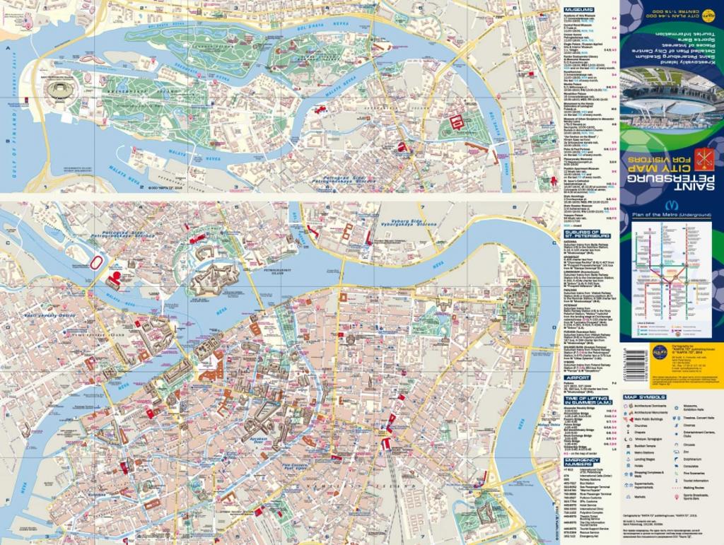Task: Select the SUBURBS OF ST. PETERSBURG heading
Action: pyautogui.click(x=583, y=233)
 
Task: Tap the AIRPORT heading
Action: pyautogui.click(x=578, y=377)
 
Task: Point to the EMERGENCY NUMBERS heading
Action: pyautogui.click(x=583, y=460)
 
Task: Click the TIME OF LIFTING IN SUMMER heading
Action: pyautogui.click(x=583, y=399)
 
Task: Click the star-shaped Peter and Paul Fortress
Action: pyautogui.click(x=214, y=279)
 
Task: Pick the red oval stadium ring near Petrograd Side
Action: pyautogui.click(x=97, y=263)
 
